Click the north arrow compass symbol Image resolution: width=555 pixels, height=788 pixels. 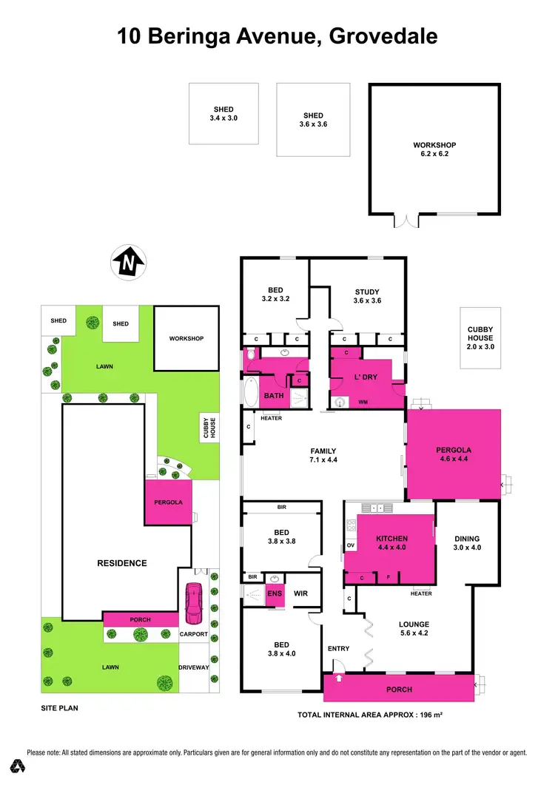129,262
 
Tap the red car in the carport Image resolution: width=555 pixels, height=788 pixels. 194,600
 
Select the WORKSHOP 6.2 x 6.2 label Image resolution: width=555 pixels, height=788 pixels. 434,149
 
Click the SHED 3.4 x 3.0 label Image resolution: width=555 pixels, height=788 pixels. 224,113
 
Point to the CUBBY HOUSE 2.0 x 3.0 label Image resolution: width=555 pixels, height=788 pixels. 480,337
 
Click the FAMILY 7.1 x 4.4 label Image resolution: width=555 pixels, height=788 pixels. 323,456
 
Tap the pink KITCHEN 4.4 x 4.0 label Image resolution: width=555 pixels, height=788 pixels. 392,543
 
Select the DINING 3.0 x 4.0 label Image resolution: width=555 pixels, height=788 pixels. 467,543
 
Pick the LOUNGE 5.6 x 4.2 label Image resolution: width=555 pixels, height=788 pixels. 414,628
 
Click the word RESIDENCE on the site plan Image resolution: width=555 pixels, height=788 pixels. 122,563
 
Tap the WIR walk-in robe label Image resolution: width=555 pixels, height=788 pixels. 300,593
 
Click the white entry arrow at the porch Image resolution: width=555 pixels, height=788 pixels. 339,677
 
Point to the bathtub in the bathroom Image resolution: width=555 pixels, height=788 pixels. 249,391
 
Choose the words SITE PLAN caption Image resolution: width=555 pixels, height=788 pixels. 59,708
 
